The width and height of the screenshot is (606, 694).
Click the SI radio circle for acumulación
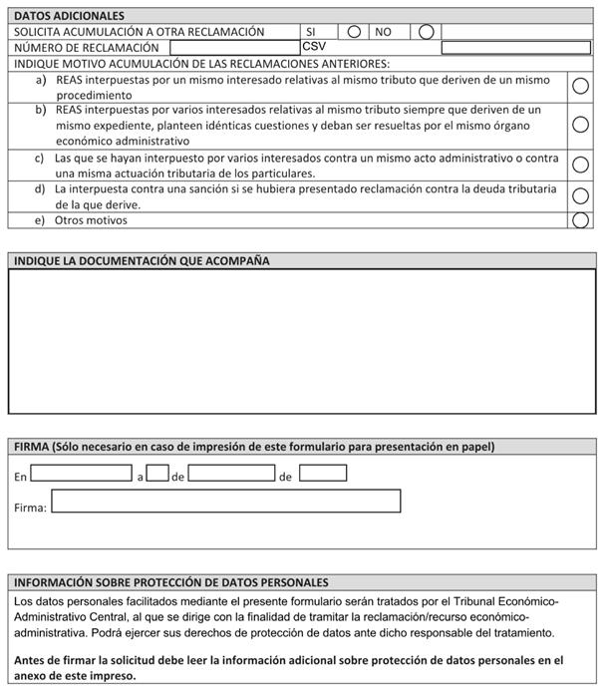click(354, 32)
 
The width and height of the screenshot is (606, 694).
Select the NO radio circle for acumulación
click(426, 32)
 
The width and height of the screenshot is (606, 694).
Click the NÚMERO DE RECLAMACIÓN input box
click(234, 47)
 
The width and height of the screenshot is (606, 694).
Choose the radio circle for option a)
click(580, 87)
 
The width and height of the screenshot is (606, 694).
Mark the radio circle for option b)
click(580, 125)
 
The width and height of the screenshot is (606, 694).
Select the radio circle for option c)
click(580, 165)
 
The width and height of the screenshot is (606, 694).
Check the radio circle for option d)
click(580, 195)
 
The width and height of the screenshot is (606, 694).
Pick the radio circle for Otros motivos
click(580, 219)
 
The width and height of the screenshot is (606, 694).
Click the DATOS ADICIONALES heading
click(69, 16)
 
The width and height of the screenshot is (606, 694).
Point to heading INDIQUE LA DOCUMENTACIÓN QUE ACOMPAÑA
click(142, 261)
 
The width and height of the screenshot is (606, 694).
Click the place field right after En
click(81, 474)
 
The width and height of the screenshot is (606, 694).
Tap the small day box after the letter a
click(157, 474)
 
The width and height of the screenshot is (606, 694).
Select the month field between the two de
click(231, 474)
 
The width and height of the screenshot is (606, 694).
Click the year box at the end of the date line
click(323, 474)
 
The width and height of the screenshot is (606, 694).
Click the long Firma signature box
click(225, 502)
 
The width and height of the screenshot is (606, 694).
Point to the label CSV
click(314, 47)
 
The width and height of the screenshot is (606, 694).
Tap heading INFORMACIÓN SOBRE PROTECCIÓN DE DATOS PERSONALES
click(171, 582)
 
